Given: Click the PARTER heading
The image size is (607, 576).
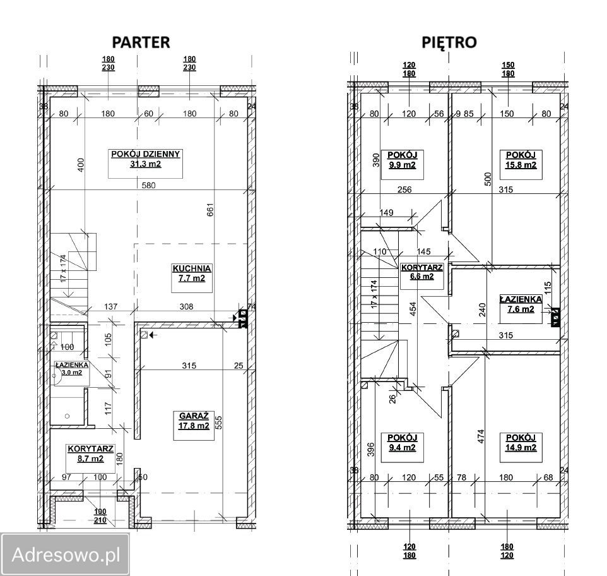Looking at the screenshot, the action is pyautogui.click(x=141, y=42).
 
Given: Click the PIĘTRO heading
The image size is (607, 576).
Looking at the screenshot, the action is pyautogui.click(x=449, y=42).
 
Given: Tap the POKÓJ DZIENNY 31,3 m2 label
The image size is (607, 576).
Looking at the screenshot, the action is pyautogui.click(x=146, y=159).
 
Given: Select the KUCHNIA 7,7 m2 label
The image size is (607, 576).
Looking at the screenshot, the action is pyautogui.click(x=192, y=273).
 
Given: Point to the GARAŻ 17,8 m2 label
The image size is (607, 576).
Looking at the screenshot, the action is pyautogui.click(x=194, y=421).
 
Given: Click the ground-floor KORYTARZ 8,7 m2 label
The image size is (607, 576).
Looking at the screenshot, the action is pyautogui.click(x=91, y=453).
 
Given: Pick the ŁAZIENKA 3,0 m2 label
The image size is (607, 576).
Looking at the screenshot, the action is pyautogui.click(x=72, y=369).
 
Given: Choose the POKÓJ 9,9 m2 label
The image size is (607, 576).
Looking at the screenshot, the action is pyautogui.click(x=402, y=160).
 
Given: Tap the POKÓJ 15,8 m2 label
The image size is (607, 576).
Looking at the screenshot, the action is pyautogui.click(x=521, y=160).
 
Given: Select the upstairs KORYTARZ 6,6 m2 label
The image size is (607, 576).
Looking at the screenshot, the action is pyautogui.click(x=422, y=272).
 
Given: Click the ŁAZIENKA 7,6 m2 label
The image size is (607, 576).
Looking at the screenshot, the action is pyautogui.click(x=521, y=304).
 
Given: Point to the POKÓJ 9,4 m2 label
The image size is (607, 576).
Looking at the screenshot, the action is pyautogui.click(x=402, y=443).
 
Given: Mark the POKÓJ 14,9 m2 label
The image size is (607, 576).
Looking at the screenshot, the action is pyautogui.click(x=521, y=443).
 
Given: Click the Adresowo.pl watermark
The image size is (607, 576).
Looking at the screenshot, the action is pyautogui.click(x=66, y=555).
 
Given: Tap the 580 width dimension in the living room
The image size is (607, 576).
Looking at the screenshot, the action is pyautogui.click(x=148, y=185).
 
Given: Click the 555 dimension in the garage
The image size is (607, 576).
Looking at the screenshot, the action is pyautogui.click(x=219, y=423).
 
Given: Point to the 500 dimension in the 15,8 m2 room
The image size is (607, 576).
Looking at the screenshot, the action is pyautogui.click(x=488, y=179).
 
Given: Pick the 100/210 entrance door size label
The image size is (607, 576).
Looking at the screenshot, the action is pyautogui.click(x=100, y=515).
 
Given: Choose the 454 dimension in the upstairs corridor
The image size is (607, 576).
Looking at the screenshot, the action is pyautogui.click(x=413, y=309).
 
